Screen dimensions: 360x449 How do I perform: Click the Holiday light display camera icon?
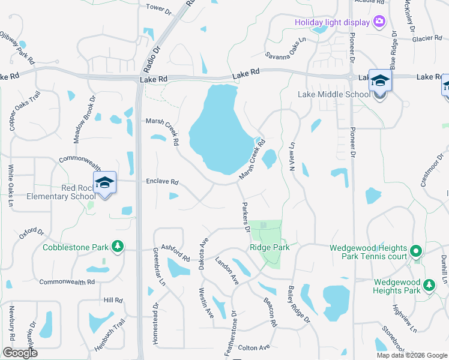(379, 22)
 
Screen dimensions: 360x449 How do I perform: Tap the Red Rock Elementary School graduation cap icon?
(104, 182)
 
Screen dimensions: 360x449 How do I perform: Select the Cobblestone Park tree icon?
(118, 247)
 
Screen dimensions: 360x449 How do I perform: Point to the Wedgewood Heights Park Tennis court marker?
(417, 250)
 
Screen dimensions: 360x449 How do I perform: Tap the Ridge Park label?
(270, 247)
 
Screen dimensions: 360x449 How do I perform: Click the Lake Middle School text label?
(334, 94)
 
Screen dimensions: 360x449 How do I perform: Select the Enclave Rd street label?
(162, 181)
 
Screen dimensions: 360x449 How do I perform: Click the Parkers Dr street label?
(245, 216)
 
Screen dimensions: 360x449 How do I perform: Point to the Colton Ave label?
(254, 347)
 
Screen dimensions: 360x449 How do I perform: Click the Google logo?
(20, 353)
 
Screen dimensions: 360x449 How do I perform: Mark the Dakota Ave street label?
(203, 252)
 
